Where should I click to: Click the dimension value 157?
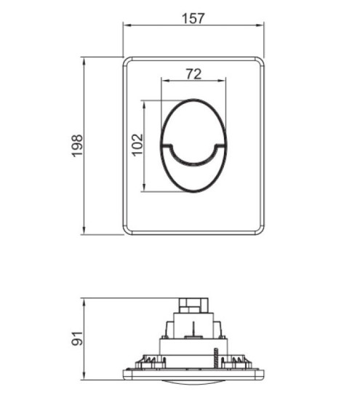coord(193,19)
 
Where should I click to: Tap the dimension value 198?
coord(77,145)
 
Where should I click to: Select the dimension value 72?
coord(193,74)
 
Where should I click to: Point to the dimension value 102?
coord(137,145)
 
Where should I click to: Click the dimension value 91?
coord(77,338)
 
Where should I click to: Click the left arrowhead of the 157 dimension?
coord(127,25)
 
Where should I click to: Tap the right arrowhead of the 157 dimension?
coord(260,25)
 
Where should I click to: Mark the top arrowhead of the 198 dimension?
coord(84,61)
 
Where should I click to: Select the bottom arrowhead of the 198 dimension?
coord(84,231)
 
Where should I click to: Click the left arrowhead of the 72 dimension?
coord(165,81)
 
